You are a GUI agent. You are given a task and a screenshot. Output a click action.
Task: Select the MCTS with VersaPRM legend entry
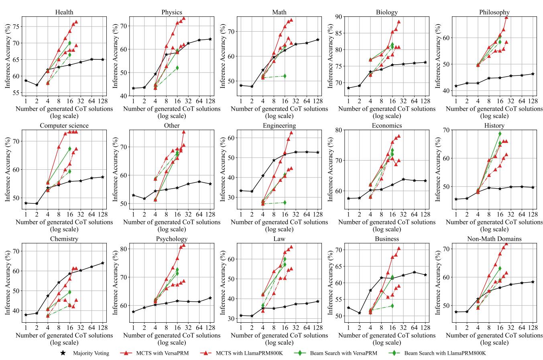click(162, 354)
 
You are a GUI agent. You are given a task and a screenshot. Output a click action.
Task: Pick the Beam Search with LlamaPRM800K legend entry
click(445, 354)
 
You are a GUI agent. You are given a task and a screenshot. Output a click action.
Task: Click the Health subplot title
click(64, 12)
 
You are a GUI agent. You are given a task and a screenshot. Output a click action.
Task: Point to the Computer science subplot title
click(64, 126)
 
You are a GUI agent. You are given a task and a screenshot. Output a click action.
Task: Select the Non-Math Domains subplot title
click(494, 239)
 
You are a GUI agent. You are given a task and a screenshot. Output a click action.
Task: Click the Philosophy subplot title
click(494, 12)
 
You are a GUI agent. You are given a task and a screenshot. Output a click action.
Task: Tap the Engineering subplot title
click(279, 126)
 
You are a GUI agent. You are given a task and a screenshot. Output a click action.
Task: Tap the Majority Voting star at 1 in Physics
click(133, 88)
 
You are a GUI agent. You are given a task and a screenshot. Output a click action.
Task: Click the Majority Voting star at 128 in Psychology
click(210, 298)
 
